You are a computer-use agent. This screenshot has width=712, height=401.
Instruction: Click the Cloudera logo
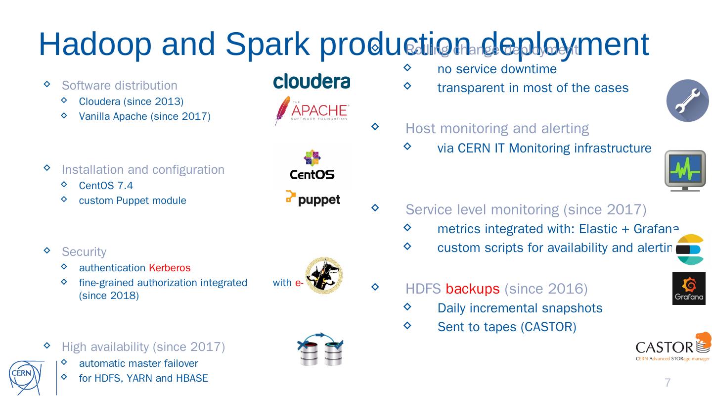coord(311,82)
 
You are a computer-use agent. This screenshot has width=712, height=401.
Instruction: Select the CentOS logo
coord(312,165)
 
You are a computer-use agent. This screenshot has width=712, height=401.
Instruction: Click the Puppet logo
coord(313,199)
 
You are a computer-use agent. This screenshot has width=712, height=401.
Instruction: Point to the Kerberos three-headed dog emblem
coord(324,276)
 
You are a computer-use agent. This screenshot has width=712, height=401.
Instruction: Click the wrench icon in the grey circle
coord(687,100)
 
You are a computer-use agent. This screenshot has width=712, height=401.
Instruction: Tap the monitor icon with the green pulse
coord(685,170)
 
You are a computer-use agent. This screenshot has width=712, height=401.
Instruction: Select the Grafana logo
coord(689,288)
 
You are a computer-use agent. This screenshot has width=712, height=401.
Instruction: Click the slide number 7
coord(667,383)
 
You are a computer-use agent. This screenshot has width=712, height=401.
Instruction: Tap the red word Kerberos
coord(170,268)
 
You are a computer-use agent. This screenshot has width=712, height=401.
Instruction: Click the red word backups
coord(472,289)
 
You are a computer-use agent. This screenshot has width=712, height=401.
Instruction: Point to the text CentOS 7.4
coord(106,186)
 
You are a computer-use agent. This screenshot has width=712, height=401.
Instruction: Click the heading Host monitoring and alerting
coord(497,129)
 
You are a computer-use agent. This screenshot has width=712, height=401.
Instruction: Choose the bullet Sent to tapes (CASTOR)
coord(507,327)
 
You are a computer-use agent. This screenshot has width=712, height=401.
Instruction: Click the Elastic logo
coord(690,250)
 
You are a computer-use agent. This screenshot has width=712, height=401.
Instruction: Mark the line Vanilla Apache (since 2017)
coord(144,116)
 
